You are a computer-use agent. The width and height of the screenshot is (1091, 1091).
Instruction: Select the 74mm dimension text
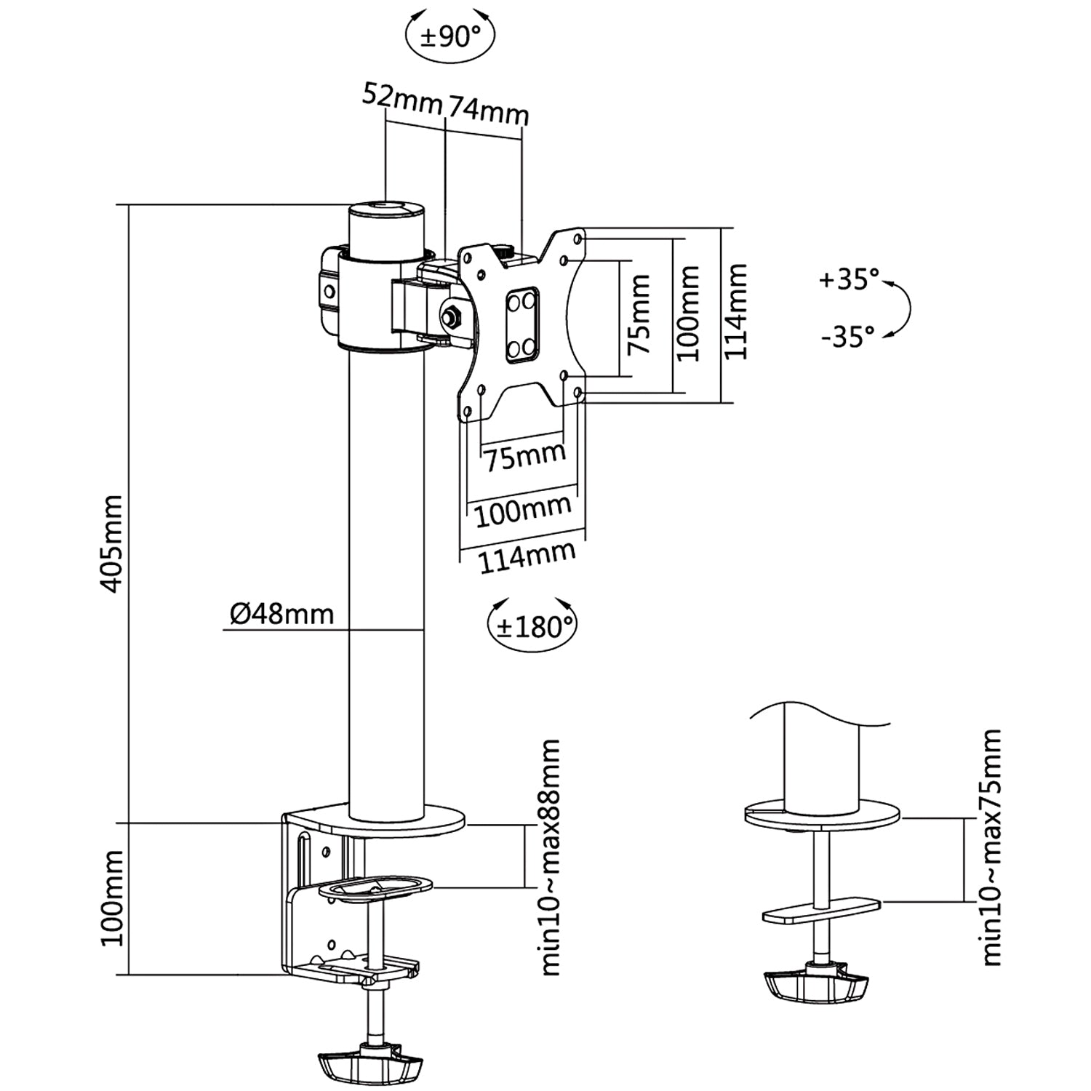487,110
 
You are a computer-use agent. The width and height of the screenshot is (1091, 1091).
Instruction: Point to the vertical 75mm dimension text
639,314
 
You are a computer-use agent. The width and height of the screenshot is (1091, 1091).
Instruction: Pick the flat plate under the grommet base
821,911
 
